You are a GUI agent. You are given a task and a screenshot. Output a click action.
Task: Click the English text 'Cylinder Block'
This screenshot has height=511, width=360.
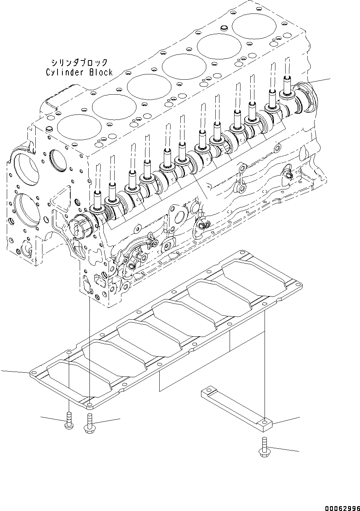[79, 72]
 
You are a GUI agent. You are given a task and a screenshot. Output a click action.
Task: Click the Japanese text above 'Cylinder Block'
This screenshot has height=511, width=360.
[80, 62]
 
